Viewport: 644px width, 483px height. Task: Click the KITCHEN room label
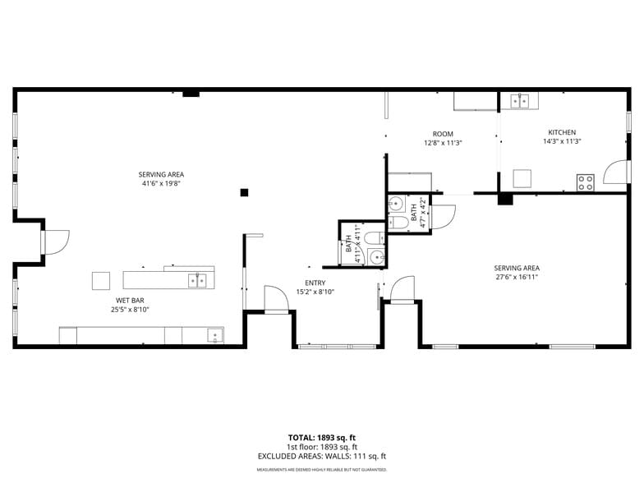click(562, 132)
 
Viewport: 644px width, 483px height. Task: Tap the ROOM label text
click(443, 134)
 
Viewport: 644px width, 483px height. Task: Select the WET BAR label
click(130, 301)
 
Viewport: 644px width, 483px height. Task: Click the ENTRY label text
click(315, 283)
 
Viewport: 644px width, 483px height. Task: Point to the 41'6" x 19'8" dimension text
click(160, 183)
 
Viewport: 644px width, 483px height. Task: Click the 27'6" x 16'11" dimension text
click(516, 277)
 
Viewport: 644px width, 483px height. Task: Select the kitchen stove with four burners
click(585, 182)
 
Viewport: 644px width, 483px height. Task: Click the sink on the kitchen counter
click(519, 101)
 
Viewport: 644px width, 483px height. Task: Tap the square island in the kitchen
click(522, 178)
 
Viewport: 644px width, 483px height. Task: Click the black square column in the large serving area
click(244, 192)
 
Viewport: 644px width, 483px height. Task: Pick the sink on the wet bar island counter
click(197, 280)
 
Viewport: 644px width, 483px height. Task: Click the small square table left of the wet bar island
click(101, 280)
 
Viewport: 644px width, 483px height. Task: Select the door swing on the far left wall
click(57, 241)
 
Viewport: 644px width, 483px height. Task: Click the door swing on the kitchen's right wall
click(614, 172)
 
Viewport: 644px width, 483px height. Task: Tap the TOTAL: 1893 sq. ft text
click(321, 438)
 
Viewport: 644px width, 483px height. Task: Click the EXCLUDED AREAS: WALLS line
click(321, 456)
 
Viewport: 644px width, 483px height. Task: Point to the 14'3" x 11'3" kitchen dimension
click(562, 141)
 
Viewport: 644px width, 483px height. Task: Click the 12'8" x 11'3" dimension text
click(443, 143)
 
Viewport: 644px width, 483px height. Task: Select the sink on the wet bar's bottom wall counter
click(214, 335)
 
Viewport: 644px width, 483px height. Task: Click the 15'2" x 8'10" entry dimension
click(315, 292)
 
